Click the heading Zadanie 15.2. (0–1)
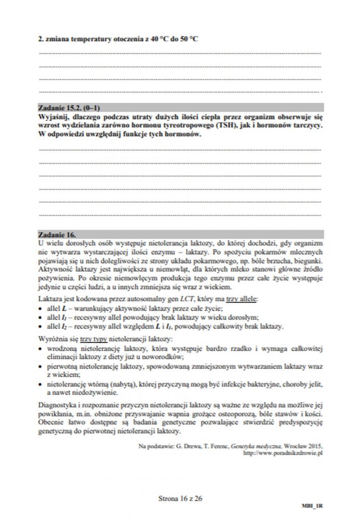tap(69, 109)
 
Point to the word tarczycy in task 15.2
tap(307, 125)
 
